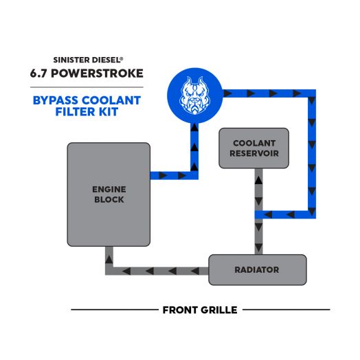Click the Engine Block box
click(x=109, y=194)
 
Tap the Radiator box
click(x=257, y=270)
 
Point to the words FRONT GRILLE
click(x=199, y=310)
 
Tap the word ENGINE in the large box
click(x=109, y=188)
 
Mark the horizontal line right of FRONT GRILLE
click(x=286, y=310)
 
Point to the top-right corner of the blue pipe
click(x=313, y=92)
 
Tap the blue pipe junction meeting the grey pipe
click(x=259, y=214)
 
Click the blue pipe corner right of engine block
click(x=194, y=175)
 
